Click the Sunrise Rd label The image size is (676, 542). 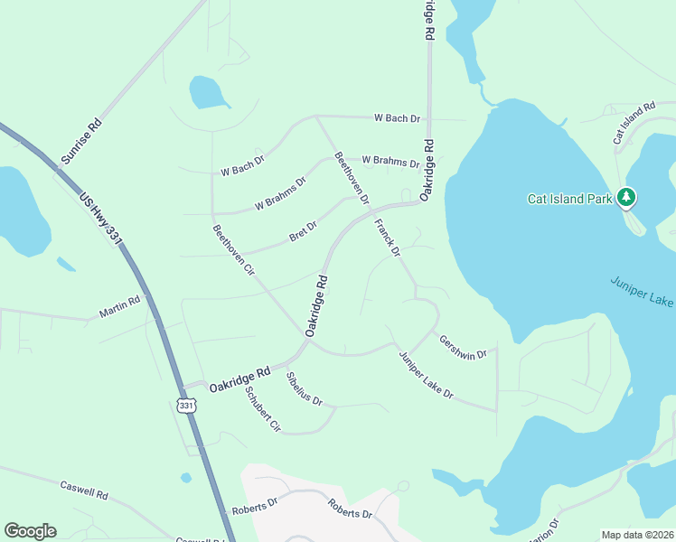[x=80, y=141]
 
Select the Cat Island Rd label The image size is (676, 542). [x=634, y=123]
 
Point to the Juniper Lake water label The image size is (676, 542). [x=641, y=291]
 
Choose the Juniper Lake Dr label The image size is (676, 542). [x=426, y=375]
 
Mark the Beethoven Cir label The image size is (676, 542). [x=233, y=250]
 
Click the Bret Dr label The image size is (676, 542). [x=303, y=232]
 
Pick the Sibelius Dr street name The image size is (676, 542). [x=305, y=388]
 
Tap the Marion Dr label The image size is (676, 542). [x=548, y=527]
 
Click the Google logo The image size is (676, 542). [x=30, y=531]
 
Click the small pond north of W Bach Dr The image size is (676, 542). [x=207, y=91]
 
